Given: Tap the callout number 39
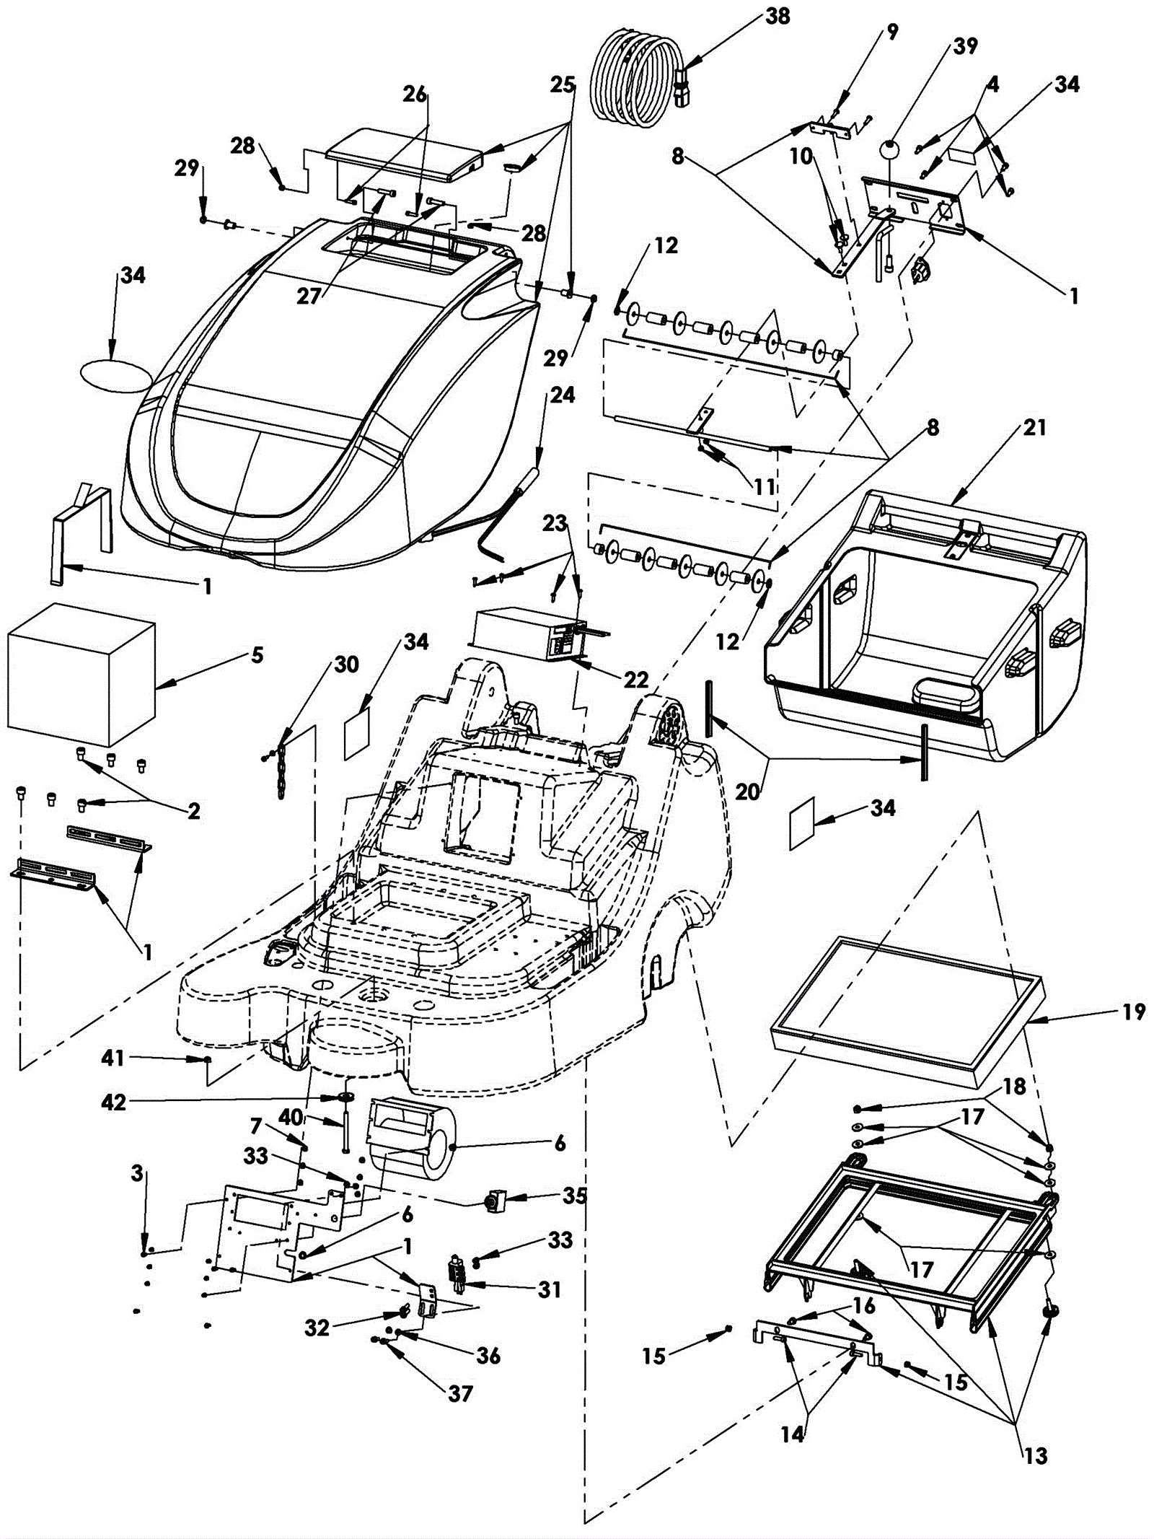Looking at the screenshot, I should pos(965,46).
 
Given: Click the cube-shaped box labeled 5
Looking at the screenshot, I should pos(81,675).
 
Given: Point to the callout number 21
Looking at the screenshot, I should pos(1034,428).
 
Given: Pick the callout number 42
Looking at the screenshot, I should pos(114,1102).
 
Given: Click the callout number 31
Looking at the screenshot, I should pos(550,1289).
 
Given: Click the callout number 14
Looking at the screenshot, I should pos(792,1434).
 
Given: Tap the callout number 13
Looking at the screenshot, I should pos(1036,1456).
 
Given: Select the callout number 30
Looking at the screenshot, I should pos(347,664).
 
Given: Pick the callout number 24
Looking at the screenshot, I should pos(563,395).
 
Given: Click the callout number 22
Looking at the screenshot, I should pos(636,679).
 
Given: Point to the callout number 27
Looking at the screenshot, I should pos(308,296).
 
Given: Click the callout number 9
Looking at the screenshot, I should pos(892,32).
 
